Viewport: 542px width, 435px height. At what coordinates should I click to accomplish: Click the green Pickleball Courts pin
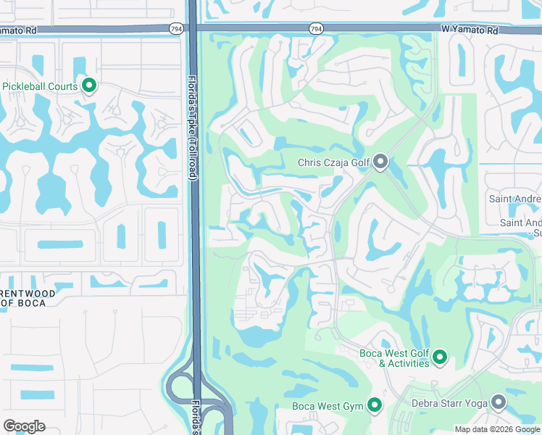[x=90, y=86]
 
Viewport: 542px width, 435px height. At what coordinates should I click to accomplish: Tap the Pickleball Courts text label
[x=40, y=87]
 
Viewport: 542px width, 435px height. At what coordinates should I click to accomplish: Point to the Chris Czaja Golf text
[x=333, y=163]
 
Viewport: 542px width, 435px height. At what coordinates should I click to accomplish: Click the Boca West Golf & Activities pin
[x=440, y=357]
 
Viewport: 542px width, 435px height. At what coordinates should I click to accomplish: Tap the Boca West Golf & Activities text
[x=395, y=358]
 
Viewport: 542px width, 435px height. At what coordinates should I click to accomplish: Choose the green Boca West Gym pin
[x=375, y=405]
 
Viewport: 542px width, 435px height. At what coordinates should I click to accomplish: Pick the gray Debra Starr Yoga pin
[x=499, y=402]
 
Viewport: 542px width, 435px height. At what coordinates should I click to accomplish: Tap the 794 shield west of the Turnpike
[x=175, y=28]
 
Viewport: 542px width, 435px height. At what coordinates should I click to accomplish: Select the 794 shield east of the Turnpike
[x=315, y=28]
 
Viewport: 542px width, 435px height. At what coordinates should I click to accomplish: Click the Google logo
[x=25, y=426]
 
